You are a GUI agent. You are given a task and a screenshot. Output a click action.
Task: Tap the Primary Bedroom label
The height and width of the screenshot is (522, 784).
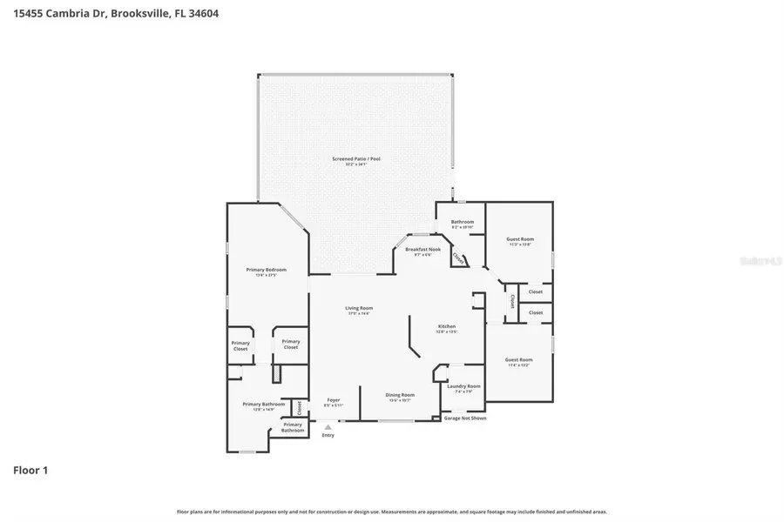(x=266, y=271)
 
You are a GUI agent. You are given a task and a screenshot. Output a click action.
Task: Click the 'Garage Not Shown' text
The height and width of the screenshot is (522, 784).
(x=465, y=418)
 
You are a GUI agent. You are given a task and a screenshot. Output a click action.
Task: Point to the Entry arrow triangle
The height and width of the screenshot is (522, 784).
(x=328, y=427)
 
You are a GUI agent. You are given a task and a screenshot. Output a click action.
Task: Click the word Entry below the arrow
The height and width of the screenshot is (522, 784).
(x=328, y=435)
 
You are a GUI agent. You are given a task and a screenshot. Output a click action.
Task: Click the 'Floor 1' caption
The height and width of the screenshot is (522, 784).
(x=30, y=471)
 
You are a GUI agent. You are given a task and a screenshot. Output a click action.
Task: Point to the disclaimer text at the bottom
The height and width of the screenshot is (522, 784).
(x=392, y=512)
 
